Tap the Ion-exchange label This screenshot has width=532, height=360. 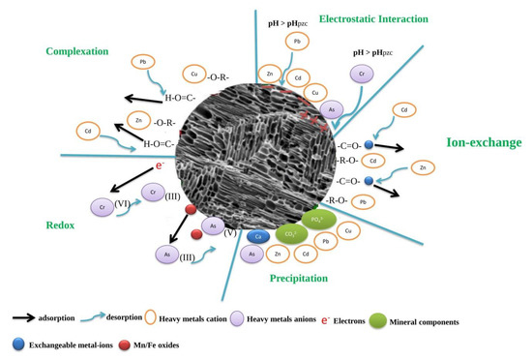click(x=484, y=142)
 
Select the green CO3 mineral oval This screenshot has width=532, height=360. click(x=290, y=234)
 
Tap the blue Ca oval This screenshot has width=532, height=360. click(x=257, y=236)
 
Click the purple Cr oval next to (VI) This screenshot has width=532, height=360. click(x=102, y=207)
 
